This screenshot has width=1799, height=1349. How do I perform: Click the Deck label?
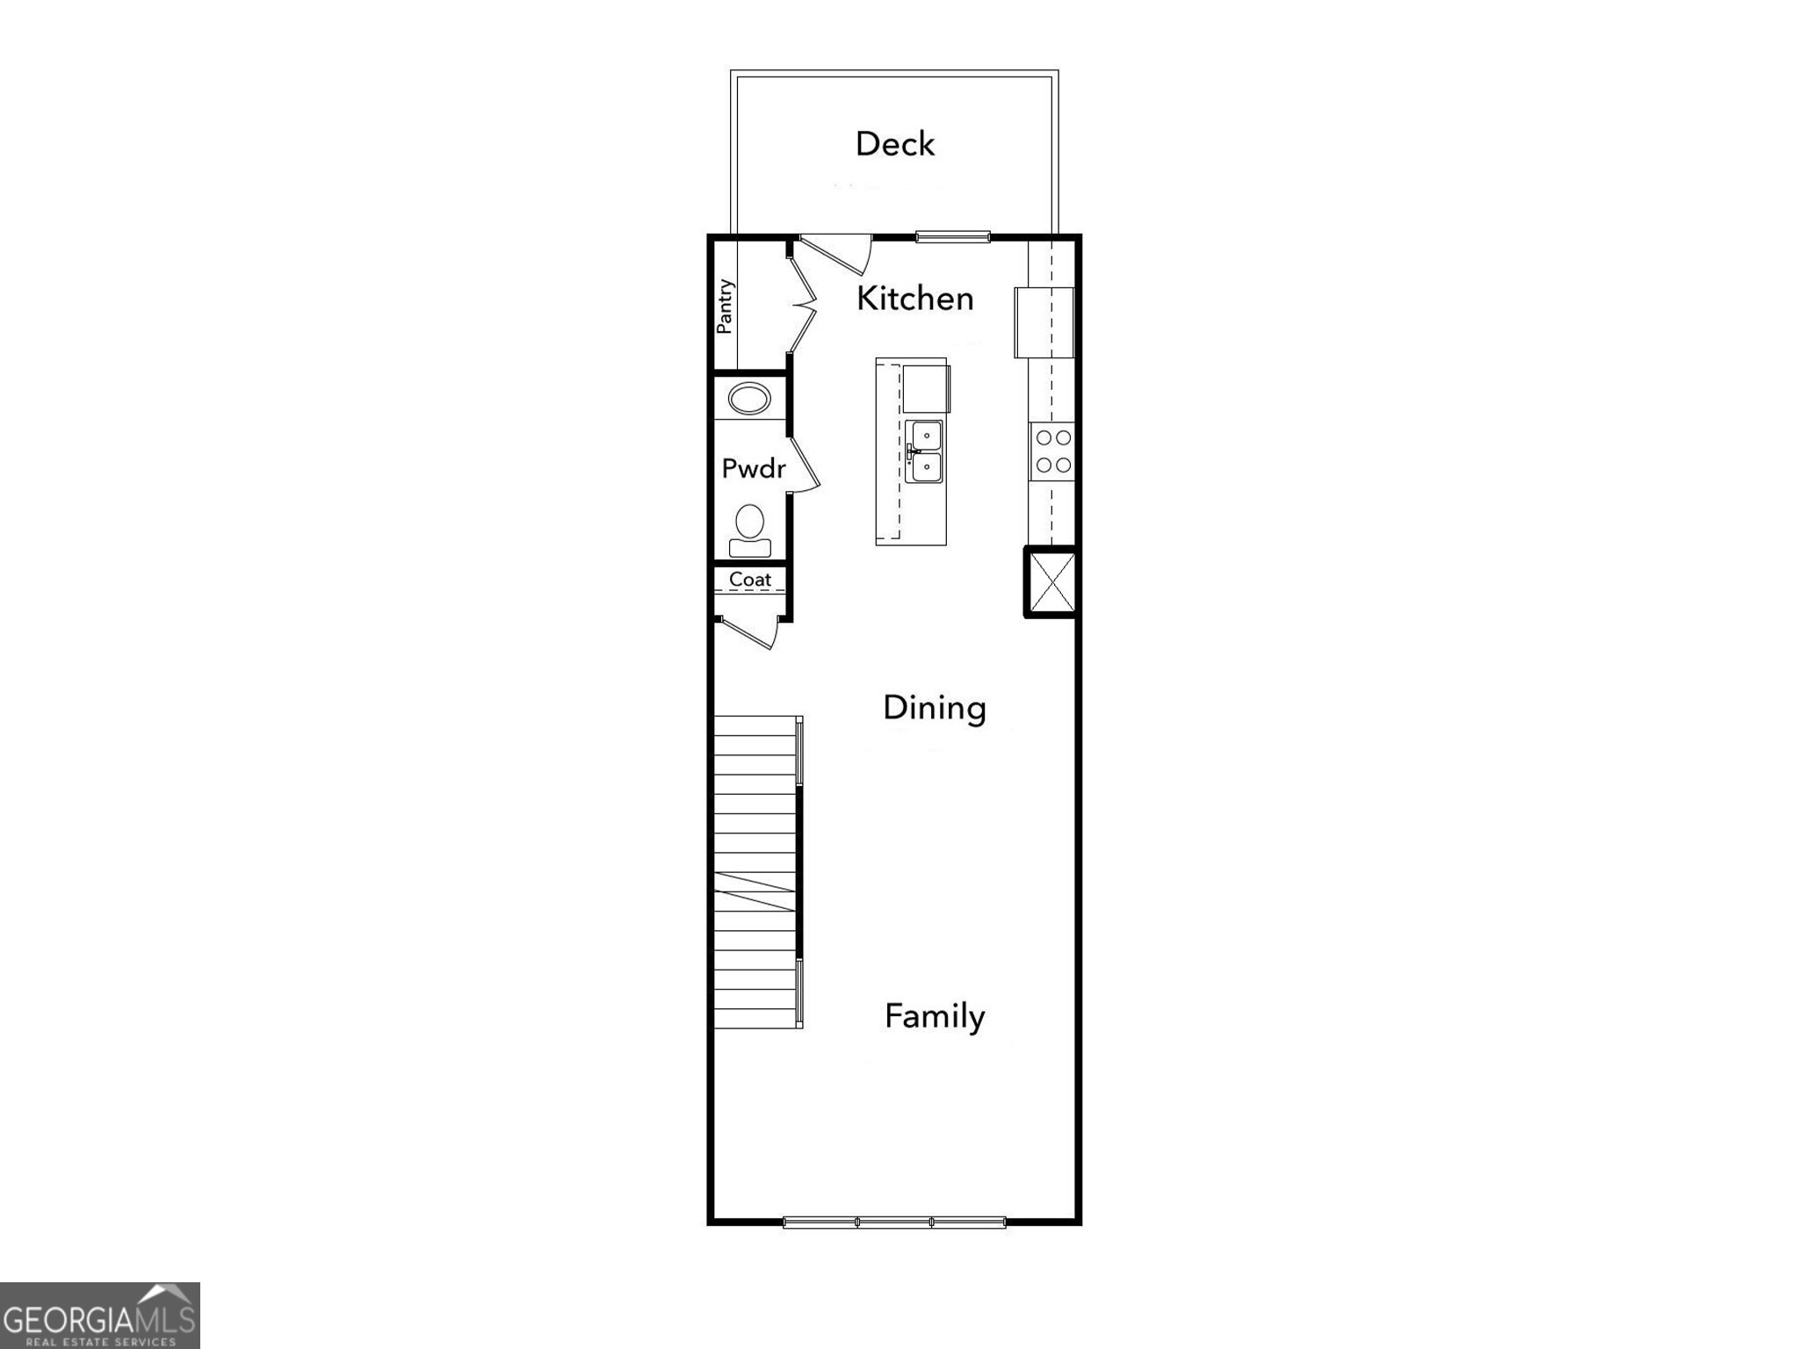click(x=894, y=144)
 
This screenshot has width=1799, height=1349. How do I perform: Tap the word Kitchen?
click(x=914, y=299)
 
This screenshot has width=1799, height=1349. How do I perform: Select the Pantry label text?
click(x=725, y=306)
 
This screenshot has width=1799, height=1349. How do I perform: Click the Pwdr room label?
click(x=753, y=468)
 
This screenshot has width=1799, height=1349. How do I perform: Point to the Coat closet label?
click(x=749, y=580)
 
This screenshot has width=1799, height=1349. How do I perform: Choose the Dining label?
click(x=934, y=708)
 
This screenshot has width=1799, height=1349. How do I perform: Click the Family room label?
click(x=934, y=1016)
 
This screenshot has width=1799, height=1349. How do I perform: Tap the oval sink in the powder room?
click(x=748, y=400)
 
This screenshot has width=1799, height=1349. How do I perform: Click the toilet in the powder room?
click(x=749, y=530)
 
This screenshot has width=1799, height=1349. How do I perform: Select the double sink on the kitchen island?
click(x=924, y=451)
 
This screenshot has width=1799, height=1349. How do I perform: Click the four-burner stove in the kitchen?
click(x=1052, y=451)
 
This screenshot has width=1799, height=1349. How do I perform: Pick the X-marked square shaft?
click(x=1051, y=582)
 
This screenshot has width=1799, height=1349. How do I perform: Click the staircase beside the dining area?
click(x=755, y=871)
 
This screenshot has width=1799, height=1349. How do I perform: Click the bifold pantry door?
click(x=803, y=304)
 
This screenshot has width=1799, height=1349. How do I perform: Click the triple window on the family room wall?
click(x=893, y=1222)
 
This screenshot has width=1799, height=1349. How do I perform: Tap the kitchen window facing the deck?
click(x=953, y=236)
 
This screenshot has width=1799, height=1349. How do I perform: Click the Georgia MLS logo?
click(x=99, y=1316)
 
